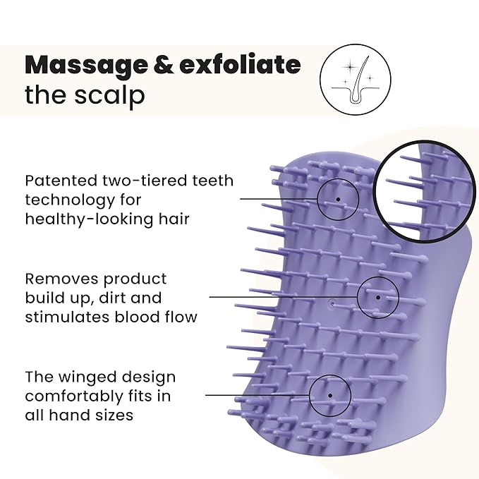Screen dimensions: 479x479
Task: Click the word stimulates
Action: (x=66, y=316)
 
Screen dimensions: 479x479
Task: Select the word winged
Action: (x=83, y=377)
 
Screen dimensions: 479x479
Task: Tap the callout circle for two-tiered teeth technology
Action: (x=338, y=200)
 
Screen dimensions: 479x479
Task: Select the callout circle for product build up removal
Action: (x=378, y=297)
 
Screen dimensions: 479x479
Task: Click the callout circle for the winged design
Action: (x=331, y=395)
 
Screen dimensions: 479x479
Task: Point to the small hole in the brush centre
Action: (x=332, y=304)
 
